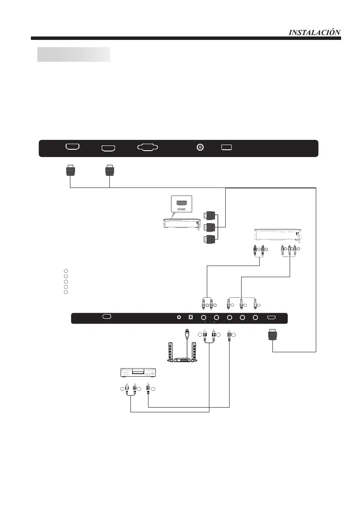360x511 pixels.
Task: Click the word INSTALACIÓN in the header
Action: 315,32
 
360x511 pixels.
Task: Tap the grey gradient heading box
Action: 73,54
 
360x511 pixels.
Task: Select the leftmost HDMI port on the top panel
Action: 72,147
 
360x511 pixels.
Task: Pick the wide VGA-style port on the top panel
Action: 147,147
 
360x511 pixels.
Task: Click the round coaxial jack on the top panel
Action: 200,148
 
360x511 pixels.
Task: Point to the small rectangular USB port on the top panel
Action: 227,147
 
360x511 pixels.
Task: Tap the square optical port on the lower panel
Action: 192,318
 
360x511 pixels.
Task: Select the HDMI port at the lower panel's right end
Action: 272,317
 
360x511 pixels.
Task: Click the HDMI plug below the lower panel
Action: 272,335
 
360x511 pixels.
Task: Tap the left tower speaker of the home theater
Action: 169,351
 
